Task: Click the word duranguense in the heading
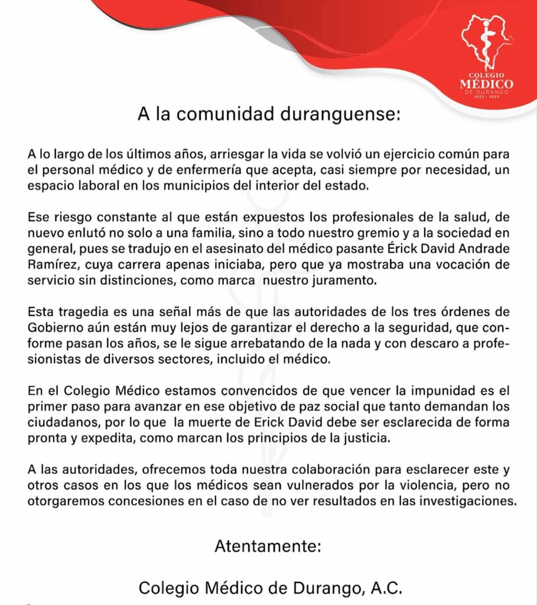click(x=339, y=114)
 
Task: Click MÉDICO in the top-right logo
click(x=487, y=84)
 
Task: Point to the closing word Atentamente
click(x=268, y=545)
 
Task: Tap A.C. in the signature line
click(x=382, y=588)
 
